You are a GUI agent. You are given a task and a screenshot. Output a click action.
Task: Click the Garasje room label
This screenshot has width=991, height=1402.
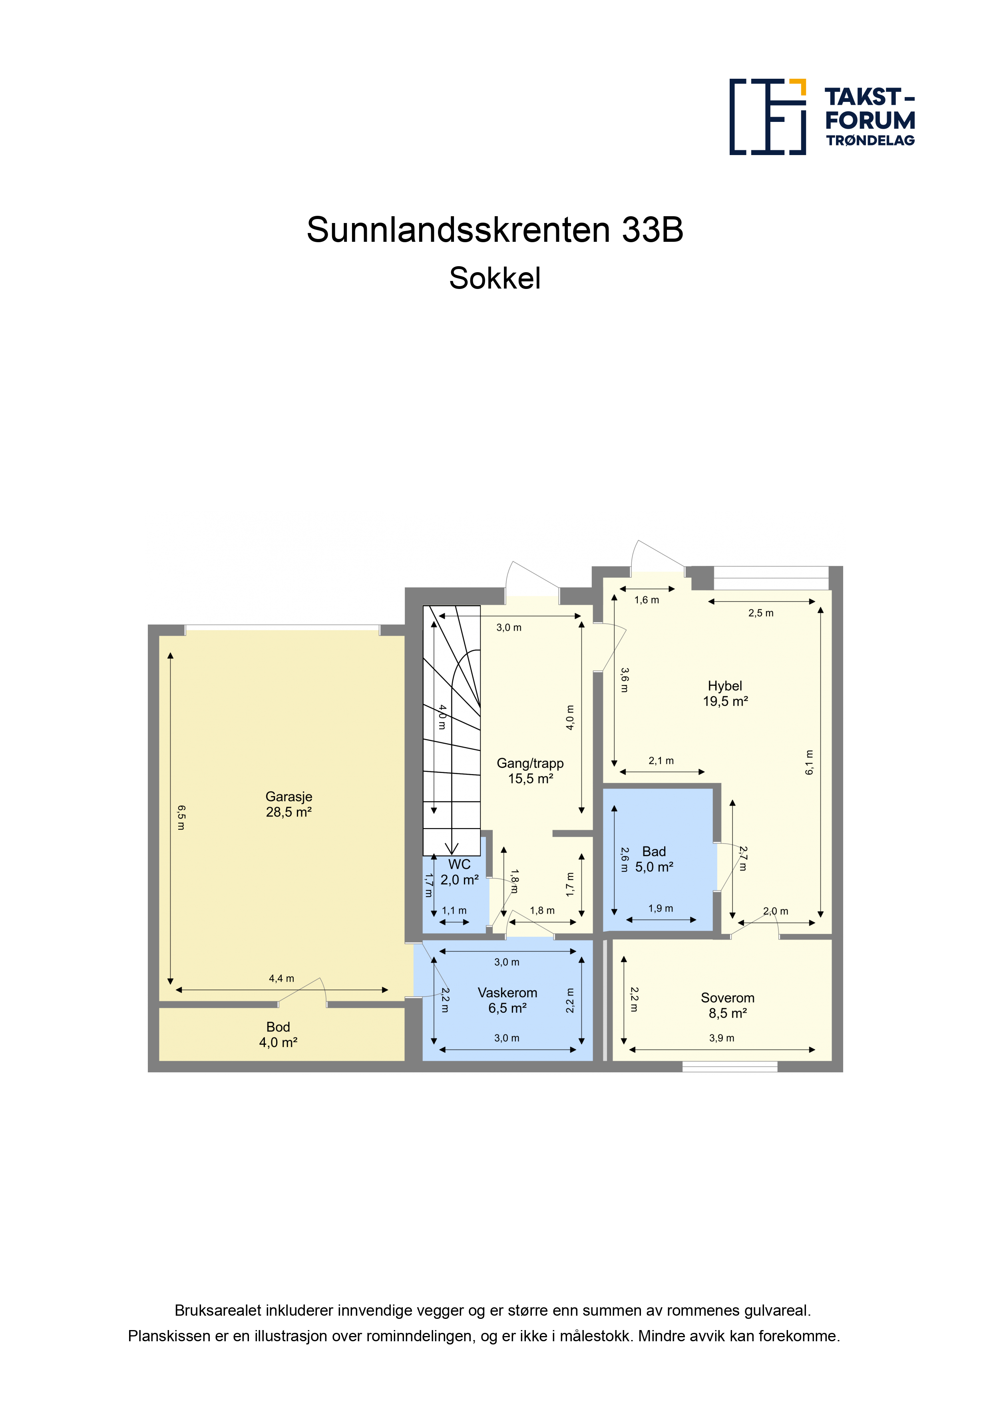pos(289,804)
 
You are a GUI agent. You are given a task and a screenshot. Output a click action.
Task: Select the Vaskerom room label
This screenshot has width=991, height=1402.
pos(507,1000)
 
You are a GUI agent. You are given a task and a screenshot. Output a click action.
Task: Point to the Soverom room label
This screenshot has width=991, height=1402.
pos(727,1005)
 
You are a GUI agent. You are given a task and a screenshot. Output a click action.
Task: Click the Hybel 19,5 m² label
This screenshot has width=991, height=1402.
pos(725,693)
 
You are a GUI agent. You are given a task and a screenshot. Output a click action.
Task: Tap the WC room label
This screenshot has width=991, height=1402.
pos(459,872)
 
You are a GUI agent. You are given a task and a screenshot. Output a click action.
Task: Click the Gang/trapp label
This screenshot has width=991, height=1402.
pos(530,763)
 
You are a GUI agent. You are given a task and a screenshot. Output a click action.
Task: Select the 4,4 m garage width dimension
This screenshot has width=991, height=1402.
pos(281,978)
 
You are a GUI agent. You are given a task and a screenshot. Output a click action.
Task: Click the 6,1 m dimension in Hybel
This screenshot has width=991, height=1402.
pos(810,763)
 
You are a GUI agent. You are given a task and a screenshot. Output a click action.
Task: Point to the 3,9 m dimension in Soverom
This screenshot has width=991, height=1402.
pos(722,1038)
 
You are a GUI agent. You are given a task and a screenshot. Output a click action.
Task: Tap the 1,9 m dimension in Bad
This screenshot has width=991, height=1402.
pos(661,908)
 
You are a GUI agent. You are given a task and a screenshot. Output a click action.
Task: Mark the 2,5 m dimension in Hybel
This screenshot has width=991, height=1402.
pos(761,613)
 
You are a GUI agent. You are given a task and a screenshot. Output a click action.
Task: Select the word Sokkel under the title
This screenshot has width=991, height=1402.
pos(495,279)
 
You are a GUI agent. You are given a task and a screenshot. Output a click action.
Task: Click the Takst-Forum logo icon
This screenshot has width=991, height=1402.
pos(768,117)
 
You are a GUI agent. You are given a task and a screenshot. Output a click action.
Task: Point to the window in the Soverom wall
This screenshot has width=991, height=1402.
pos(730,1067)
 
